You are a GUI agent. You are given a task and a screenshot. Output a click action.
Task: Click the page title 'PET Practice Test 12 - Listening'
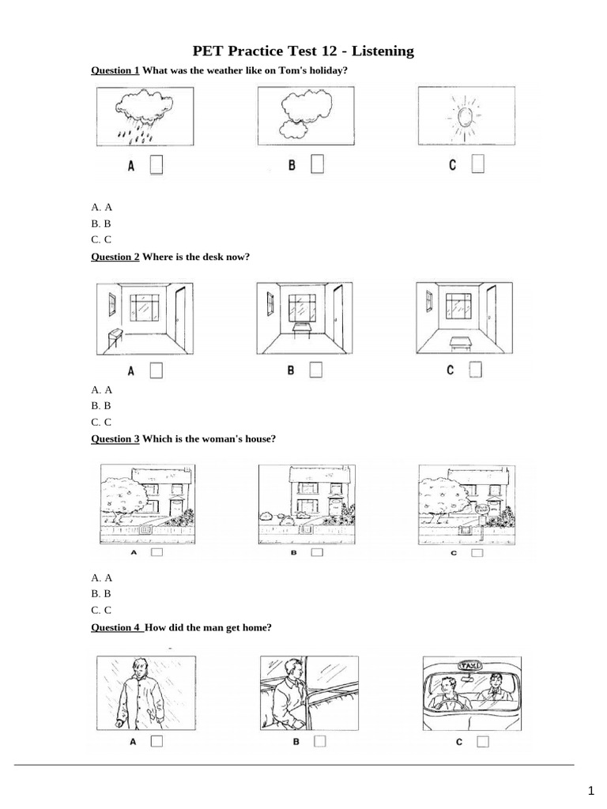coord(303,51)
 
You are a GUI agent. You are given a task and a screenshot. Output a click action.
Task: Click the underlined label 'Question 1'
coord(115,71)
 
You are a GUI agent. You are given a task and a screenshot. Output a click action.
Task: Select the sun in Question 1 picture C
coord(463,116)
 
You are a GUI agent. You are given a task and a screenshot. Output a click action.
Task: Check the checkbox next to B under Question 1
coord(317,164)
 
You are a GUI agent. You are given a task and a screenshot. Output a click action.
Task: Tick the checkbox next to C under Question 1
coord(477,164)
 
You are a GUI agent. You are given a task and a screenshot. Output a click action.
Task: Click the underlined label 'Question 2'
coord(115,257)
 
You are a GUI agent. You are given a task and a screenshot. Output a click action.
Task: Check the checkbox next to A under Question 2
coord(156,371)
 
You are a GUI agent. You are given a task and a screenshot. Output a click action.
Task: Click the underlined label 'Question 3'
coord(115,438)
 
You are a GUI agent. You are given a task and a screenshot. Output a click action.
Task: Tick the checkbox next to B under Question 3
coord(317,554)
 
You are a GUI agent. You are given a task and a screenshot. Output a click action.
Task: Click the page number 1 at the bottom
coord(590,791)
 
